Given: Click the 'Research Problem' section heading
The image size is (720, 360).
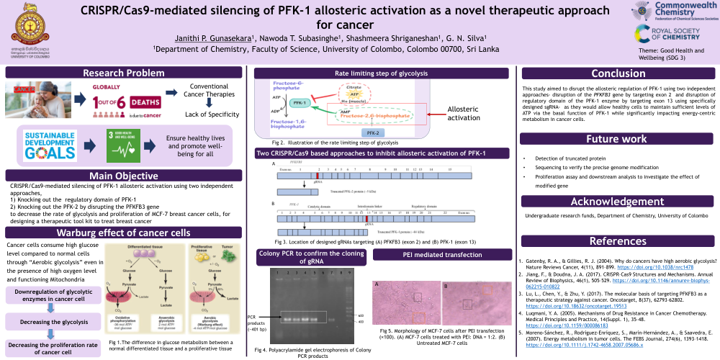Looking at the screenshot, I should [x=124, y=73].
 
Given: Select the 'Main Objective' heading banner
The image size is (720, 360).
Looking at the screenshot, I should [x=124, y=176].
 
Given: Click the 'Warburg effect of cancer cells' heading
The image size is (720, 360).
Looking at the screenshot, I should [x=124, y=232].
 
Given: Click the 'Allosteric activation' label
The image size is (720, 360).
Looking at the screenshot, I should [x=463, y=113].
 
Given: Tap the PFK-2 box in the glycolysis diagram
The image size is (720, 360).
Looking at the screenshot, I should [x=372, y=133].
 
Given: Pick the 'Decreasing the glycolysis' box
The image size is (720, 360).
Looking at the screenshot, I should [x=52, y=321].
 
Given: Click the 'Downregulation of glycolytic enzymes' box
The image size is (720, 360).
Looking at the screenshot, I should [x=52, y=295].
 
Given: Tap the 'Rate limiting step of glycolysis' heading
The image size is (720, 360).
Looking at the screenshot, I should [x=382, y=73].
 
